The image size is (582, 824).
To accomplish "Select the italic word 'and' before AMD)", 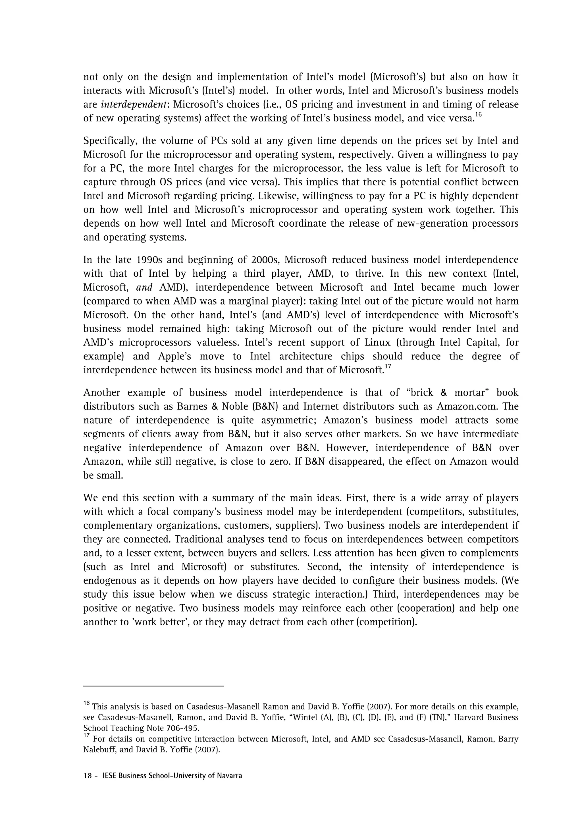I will click(145, 287).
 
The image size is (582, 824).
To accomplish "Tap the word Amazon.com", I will click(468, 406).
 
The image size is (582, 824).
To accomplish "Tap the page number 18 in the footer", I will click(88, 776).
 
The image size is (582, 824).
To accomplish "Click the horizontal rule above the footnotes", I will click(153, 686).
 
